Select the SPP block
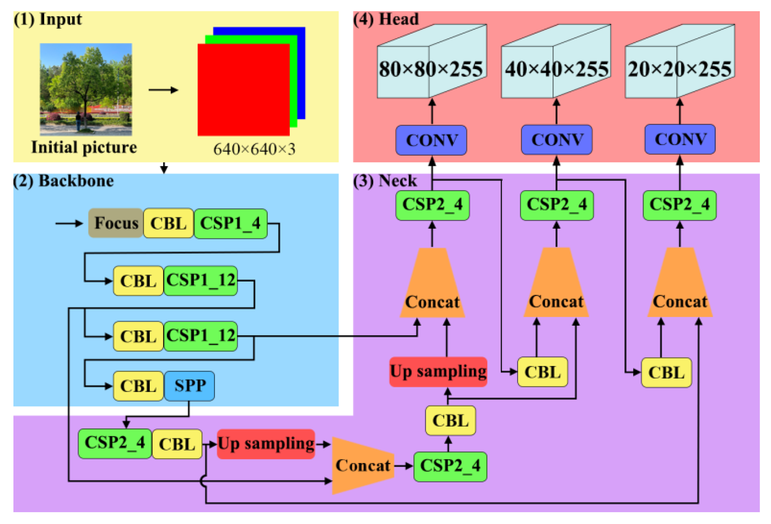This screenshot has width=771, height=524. (189, 386)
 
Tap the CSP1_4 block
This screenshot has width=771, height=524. (231, 223)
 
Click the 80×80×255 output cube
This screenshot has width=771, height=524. (431, 66)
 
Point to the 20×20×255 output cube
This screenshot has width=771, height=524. (679, 66)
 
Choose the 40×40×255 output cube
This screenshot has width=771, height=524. (556, 66)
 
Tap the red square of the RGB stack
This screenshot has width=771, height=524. (243, 89)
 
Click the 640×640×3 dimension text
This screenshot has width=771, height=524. (254, 149)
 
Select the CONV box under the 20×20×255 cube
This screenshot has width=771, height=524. (680, 139)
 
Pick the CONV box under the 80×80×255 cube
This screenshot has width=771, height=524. (431, 140)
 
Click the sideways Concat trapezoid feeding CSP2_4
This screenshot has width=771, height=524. (363, 465)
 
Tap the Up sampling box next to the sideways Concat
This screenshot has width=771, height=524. (266, 444)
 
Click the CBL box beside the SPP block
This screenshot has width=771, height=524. (138, 386)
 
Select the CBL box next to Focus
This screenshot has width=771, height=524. (168, 223)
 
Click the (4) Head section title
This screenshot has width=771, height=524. (385, 19)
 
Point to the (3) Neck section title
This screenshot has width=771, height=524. (385, 181)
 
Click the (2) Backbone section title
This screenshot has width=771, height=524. (63, 181)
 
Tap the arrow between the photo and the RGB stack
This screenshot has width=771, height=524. (163, 90)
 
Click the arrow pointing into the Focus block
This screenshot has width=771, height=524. (69, 223)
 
